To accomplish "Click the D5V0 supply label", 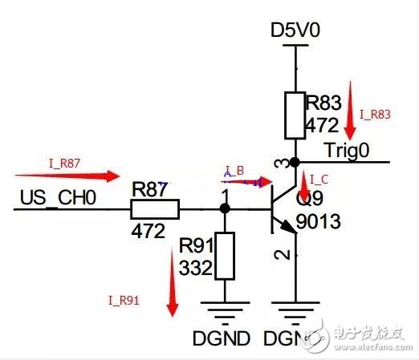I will [297, 31].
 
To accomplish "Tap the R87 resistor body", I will [155, 209].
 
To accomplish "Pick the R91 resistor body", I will [225, 256].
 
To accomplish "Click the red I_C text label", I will [318, 178].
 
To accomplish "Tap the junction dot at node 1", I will [225, 209].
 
